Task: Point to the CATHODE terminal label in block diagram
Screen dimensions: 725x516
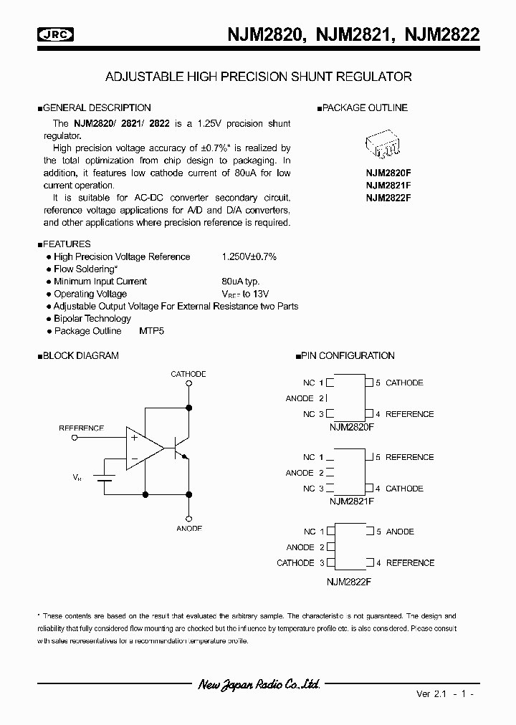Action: [x=188, y=374]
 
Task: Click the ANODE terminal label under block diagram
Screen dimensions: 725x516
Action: [x=188, y=528]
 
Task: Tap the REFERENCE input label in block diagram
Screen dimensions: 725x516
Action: [x=81, y=428]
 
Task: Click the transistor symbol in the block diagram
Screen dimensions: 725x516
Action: [x=179, y=448]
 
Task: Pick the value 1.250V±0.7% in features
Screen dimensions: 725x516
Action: [x=249, y=256]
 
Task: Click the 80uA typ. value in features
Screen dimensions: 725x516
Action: [x=240, y=282]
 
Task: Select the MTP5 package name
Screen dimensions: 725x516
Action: [x=152, y=331]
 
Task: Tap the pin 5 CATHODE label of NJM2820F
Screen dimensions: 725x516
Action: [x=404, y=383]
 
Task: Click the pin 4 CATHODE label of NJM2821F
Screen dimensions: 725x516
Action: [x=404, y=489]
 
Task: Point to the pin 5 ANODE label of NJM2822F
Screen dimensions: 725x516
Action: [x=400, y=532]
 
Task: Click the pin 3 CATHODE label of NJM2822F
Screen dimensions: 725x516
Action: [x=295, y=563]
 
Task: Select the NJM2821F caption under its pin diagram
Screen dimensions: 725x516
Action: [x=351, y=501]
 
